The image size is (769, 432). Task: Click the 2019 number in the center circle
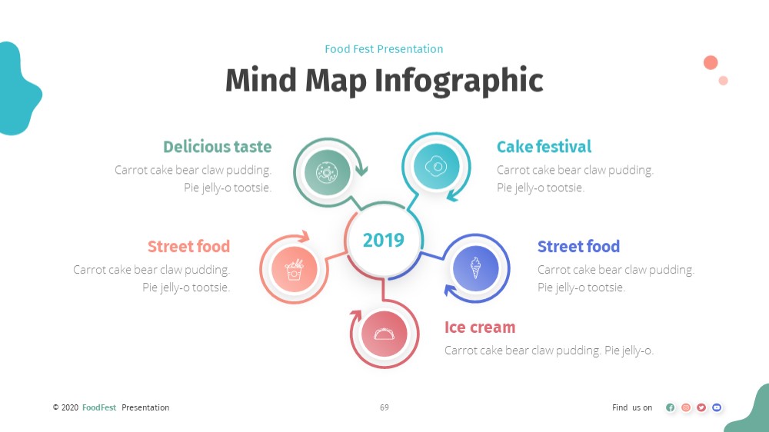click(384, 240)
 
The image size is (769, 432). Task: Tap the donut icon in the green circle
click(327, 172)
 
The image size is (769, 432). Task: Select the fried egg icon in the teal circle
click(436, 166)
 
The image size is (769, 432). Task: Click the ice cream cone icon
click(475, 268)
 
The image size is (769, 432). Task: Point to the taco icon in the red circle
click(384, 334)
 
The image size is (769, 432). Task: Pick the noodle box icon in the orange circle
click(295, 270)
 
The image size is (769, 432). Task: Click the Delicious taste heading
click(218, 147)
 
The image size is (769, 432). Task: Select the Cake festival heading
click(544, 147)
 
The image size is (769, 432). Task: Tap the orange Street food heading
click(189, 246)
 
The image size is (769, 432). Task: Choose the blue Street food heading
click(579, 246)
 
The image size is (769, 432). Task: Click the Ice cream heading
click(480, 327)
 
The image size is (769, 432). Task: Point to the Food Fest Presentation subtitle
click(384, 49)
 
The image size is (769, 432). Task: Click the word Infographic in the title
click(459, 81)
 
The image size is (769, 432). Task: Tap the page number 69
click(384, 407)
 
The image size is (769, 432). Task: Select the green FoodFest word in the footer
click(99, 407)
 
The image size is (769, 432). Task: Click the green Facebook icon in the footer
click(671, 407)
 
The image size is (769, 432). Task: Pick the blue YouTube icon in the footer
click(717, 407)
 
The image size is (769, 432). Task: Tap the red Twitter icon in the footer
click(701, 407)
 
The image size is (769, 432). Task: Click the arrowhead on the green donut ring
click(362, 170)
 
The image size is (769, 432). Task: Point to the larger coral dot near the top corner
click(711, 63)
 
